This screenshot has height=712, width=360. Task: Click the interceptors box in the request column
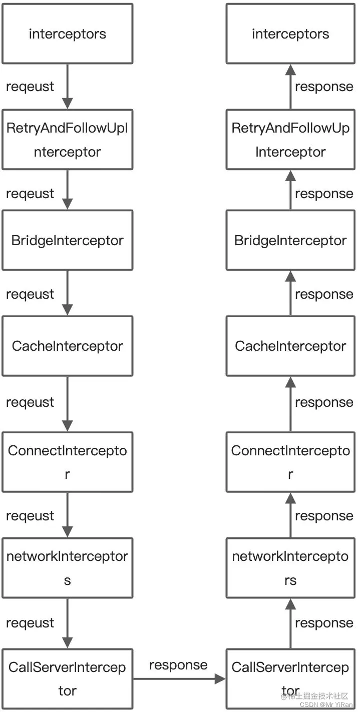(68, 34)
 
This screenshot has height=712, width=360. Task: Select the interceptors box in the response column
(291, 34)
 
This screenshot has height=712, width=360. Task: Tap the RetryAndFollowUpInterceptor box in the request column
(68, 140)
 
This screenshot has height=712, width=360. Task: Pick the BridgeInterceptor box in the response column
(291, 240)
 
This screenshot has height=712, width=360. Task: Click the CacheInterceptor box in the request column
(68, 346)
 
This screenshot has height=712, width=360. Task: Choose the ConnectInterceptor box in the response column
(291, 462)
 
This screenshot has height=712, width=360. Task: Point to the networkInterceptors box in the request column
(68, 568)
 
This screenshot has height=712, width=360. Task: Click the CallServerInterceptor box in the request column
(68, 678)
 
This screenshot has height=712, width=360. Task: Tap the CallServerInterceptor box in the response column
(291, 678)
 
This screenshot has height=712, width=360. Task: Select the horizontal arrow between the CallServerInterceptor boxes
(179, 679)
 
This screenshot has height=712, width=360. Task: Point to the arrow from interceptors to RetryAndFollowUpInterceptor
(68, 87)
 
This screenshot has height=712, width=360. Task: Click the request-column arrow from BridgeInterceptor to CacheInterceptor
(68, 293)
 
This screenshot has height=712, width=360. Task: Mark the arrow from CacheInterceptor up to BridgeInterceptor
(291, 293)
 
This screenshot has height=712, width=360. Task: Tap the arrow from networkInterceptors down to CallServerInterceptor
(68, 623)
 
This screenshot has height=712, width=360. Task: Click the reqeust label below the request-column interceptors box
(30, 87)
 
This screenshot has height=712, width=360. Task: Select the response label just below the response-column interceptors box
(324, 87)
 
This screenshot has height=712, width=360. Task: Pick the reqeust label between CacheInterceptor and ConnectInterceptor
(30, 402)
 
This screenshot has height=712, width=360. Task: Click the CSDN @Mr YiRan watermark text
(326, 704)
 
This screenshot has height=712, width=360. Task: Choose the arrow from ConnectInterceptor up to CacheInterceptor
(291, 404)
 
